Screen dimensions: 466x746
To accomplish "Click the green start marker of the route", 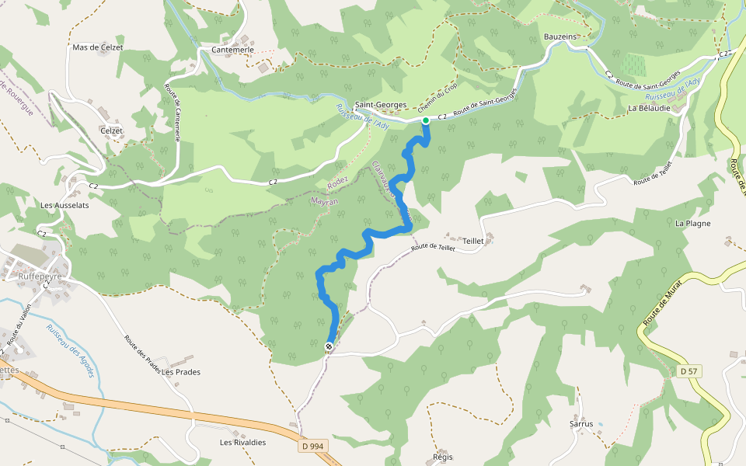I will (426, 120).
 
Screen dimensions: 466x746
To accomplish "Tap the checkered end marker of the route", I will (329, 346).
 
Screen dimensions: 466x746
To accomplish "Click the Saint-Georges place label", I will (381, 105).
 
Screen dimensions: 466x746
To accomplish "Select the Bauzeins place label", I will (560, 37).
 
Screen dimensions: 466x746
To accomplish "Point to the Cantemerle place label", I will (233, 50).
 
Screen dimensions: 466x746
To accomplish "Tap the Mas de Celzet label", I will (97, 47).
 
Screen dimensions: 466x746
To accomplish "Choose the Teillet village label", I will (473, 241).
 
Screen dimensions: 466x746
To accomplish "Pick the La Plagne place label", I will (693, 224).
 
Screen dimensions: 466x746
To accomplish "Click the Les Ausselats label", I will (65, 206).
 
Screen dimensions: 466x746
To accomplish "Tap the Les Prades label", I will (181, 372).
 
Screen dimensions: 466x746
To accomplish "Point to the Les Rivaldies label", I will (242, 443).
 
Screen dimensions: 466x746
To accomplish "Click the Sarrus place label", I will (581, 424).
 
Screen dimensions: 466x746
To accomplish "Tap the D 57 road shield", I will (688, 371).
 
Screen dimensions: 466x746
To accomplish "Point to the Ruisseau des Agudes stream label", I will (71, 351).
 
